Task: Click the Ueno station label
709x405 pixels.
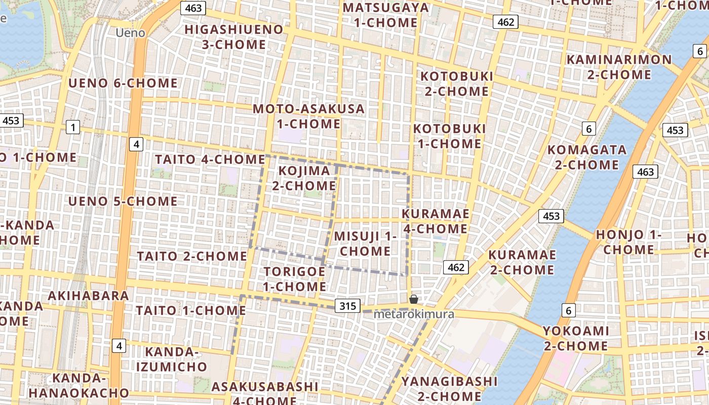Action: (x=130, y=33)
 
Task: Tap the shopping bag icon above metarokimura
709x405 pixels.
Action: (x=414, y=299)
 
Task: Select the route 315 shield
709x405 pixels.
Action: (x=347, y=306)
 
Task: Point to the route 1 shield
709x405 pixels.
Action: (x=73, y=127)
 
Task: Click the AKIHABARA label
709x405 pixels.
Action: (x=89, y=296)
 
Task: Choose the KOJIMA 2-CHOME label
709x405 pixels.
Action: (x=304, y=178)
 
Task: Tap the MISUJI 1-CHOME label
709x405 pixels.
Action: (x=365, y=244)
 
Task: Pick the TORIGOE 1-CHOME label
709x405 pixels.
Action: (x=295, y=279)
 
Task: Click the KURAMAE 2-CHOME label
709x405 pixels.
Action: (x=522, y=262)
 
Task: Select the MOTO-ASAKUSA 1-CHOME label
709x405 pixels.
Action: (x=308, y=116)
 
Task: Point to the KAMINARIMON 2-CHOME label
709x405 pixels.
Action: (x=619, y=67)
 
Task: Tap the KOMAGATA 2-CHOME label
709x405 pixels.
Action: (x=587, y=157)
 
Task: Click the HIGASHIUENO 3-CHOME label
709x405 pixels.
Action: (x=234, y=37)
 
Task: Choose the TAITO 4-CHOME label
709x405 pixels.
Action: (x=210, y=159)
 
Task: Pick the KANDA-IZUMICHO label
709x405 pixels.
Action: (x=176, y=359)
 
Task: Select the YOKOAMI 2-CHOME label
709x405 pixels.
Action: (x=576, y=338)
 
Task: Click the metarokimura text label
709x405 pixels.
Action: (x=414, y=314)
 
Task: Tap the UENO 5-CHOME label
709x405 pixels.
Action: (x=123, y=201)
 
